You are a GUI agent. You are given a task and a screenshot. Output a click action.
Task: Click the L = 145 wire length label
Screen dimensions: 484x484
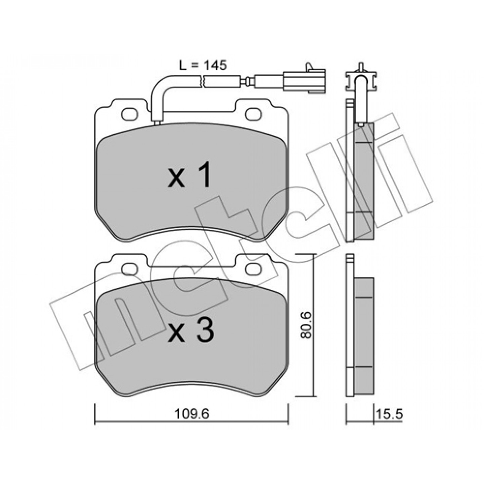point(203,66)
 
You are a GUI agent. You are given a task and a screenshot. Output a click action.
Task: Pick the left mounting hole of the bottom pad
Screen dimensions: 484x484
point(130,268)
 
